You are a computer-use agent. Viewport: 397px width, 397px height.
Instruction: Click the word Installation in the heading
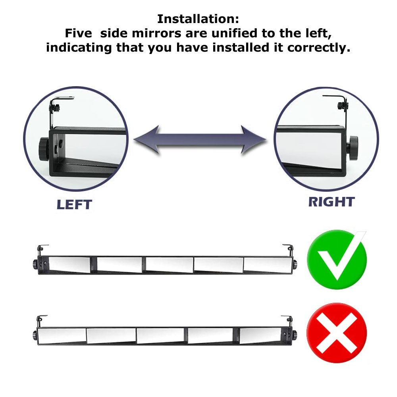click(x=198, y=19)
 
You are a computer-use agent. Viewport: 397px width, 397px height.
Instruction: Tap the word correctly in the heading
click(x=319, y=48)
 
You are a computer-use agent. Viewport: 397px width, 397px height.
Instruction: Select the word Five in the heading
click(x=79, y=33)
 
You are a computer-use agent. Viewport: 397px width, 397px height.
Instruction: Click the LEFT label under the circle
click(x=74, y=204)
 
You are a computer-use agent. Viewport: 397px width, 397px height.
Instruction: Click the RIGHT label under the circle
click(x=331, y=202)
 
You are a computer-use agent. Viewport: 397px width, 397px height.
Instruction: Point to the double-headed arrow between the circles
click(x=200, y=140)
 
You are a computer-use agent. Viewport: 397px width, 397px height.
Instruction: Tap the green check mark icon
click(x=337, y=259)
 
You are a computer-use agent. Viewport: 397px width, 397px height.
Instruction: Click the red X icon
click(x=337, y=333)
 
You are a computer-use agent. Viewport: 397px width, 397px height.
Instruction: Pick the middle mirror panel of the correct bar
click(x=170, y=265)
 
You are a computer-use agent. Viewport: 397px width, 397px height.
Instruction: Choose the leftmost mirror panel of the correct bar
click(x=69, y=264)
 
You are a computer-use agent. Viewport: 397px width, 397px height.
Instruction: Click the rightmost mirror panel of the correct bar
click(x=264, y=265)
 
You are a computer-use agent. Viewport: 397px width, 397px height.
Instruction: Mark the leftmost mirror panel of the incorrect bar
click(x=62, y=335)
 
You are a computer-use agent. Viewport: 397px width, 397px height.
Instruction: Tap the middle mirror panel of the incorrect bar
click(x=160, y=336)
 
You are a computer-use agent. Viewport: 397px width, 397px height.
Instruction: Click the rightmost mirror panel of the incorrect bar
click(x=260, y=336)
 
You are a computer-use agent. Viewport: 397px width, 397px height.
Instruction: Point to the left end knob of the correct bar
click(x=35, y=264)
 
